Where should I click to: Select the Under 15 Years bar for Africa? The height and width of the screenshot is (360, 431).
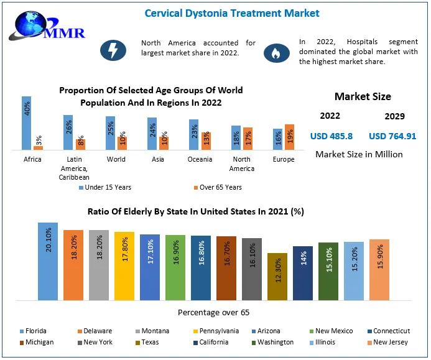coord(27,123)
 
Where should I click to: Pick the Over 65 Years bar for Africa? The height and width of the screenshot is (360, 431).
coord(39,147)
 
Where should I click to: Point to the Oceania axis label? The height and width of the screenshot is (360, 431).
coord(200,159)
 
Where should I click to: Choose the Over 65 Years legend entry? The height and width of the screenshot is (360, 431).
coord(216,187)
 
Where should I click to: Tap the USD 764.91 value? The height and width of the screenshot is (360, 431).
coord(392,136)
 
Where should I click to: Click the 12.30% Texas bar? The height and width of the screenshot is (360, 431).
coord(277,277)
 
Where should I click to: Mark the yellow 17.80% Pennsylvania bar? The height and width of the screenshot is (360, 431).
coord(124,266)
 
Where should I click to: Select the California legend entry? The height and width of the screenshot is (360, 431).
coord(211,342)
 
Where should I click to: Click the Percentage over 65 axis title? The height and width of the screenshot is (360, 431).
coord(214,312)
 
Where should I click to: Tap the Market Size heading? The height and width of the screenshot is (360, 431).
coord(363,96)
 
